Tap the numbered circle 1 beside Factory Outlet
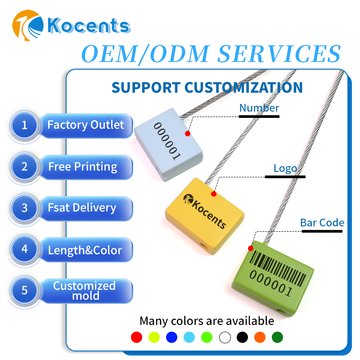click(24, 125)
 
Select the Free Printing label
click(83, 167)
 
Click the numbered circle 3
click(24, 208)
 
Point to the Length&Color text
click(85, 250)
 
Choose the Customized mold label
click(84, 291)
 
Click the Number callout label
click(259, 108)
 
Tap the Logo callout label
click(285, 169)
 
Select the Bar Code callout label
click(322, 223)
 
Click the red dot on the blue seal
click(188, 134)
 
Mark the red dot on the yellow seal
click(214, 194)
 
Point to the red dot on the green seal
click(251, 248)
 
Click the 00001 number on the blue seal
click(167, 141)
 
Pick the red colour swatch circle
click(136, 337)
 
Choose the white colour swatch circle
click(225, 337)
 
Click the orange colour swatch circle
click(260, 337)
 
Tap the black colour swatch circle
click(242, 337)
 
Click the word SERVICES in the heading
click(279, 54)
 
